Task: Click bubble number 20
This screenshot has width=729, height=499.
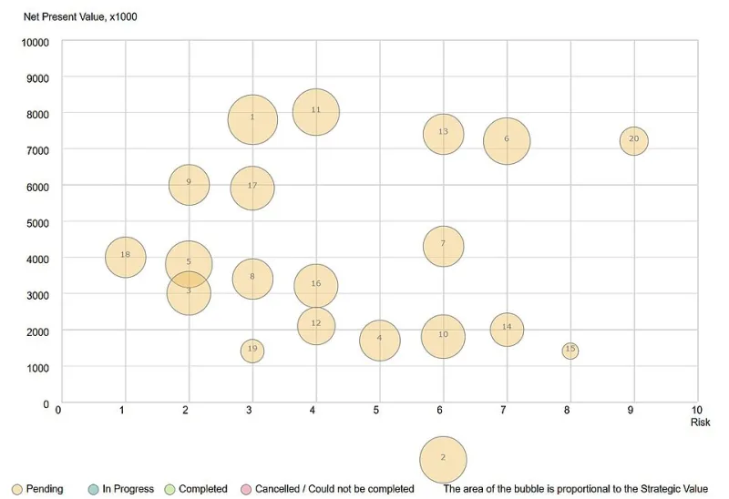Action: coord(633,141)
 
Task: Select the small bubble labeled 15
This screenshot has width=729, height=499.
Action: coord(570,351)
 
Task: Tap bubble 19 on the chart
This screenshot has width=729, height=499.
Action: coord(252,351)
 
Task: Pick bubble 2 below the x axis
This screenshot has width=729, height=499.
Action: coord(443,460)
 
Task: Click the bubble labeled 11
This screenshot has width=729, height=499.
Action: coord(316,112)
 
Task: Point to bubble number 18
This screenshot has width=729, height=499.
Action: coord(126,257)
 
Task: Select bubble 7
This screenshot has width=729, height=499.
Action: coord(443,246)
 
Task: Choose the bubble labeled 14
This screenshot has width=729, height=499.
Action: coord(507,330)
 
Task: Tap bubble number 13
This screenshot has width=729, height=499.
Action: coord(443,134)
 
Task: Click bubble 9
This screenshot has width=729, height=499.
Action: coord(189,185)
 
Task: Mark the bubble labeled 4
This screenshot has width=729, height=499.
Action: coord(380,341)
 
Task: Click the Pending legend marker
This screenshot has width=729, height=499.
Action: coord(17,489)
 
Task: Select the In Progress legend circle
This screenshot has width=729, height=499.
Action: coord(93,489)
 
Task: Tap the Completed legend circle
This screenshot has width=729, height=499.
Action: coord(169,489)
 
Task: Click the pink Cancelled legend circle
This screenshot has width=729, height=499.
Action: coord(246,489)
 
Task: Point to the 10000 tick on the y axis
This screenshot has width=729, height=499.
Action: coord(36,42)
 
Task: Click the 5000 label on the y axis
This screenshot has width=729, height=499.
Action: coord(37,223)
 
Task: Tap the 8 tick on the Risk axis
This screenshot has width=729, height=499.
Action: coord(567,410)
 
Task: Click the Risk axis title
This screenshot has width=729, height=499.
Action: coord(700,423)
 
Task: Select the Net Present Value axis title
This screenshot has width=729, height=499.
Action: coord(80,17)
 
